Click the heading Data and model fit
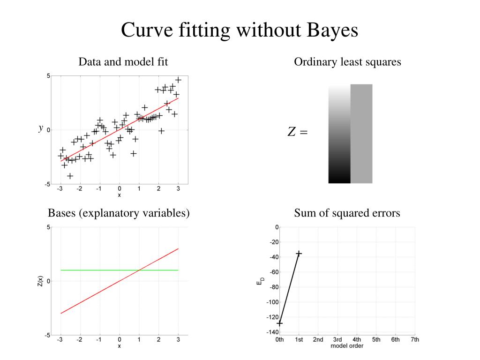[x=123, y=62]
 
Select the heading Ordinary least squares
[x=347, y=62]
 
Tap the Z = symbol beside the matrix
[x=297, y=133]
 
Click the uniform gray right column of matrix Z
[x=361, y=134]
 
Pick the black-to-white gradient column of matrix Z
[x=339, y=134]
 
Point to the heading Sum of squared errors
[x=347, y=213]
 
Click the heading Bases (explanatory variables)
[x=119, y=213]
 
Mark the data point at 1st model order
[x=299, y=254]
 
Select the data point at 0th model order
[x=279, y=323]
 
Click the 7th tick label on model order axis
[x=414, y=339]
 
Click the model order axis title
[x=347, y=346]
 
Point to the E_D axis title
[x=261, y=282]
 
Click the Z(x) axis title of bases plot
[x=41, y=282]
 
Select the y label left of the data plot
[x=41, y=127]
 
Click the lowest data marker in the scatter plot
[x=70, y=176]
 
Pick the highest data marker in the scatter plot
[x=178, y=80]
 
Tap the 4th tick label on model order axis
[x=357, y=339]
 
